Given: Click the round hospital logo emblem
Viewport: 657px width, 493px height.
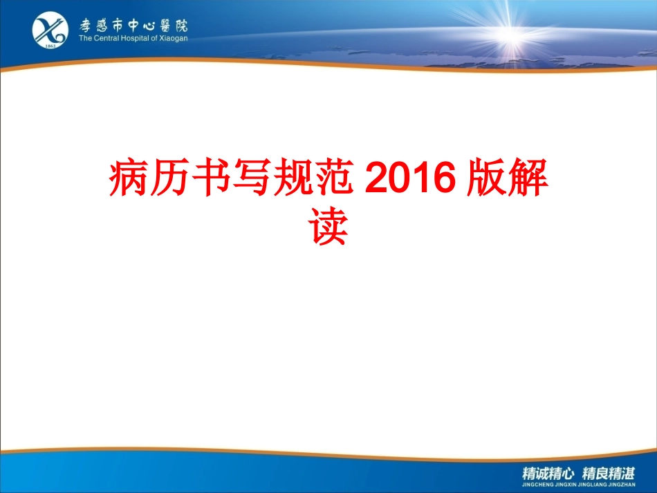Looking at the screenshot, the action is pos(50,30).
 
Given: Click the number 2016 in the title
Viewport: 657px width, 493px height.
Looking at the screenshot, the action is pos(410,178).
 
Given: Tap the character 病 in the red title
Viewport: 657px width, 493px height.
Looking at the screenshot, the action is pos(129,177).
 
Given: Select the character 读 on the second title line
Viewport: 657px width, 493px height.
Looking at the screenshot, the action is pos(328,226).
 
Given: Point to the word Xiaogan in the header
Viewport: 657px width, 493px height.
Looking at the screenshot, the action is pos(174,39).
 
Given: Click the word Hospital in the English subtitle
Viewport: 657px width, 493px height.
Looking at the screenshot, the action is pos(134,38).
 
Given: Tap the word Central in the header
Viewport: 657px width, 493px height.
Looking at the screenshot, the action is pos(107,38).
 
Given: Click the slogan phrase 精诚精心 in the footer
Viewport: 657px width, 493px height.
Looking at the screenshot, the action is pos(548,474).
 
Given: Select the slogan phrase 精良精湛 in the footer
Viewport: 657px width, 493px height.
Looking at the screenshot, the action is pos(609,474).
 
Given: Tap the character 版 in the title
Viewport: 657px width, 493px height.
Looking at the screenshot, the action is pos(486,177).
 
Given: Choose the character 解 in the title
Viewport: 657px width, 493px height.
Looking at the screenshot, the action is pos(528,177).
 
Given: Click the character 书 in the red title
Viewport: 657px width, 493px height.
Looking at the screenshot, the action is pos(211,177).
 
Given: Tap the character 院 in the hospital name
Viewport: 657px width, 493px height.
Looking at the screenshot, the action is pos(181,26).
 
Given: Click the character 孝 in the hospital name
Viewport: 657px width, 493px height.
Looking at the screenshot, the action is pos(86,26).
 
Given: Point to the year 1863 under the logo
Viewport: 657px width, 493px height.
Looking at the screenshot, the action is pos(50,46).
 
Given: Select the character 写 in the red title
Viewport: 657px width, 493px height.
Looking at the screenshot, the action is pos(252,177).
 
